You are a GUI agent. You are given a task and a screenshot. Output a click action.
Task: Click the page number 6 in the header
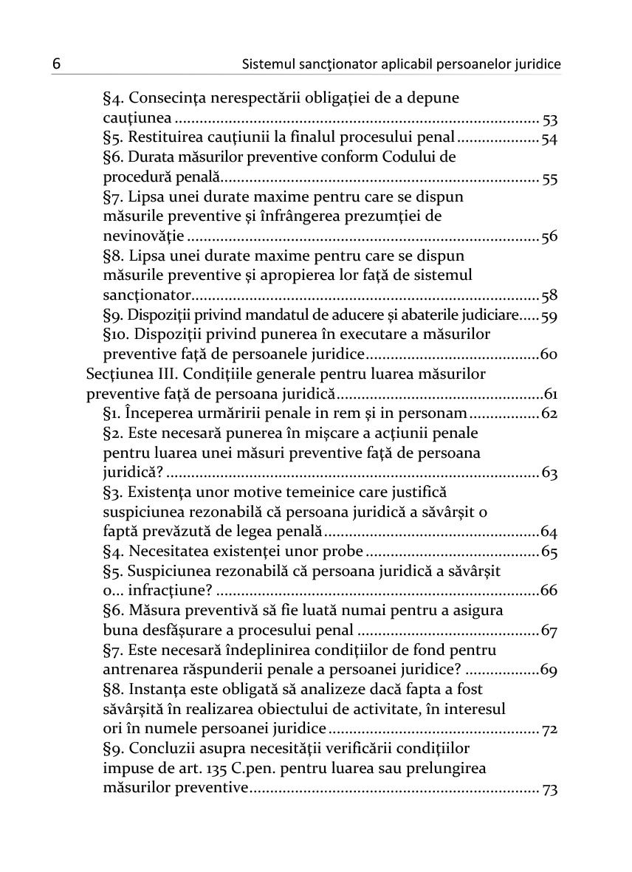click(56, 64)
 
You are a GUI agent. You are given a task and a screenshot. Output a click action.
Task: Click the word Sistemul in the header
click(267, 65)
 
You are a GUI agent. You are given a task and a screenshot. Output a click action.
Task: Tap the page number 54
click(549, 138)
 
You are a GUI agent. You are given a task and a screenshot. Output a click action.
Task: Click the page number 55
click(549, 178)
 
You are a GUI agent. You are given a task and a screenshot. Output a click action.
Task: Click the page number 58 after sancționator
click(549, 296)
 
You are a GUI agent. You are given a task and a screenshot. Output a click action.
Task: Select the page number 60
click(549, 355)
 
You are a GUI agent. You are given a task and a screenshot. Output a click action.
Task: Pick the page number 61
click(550, 394)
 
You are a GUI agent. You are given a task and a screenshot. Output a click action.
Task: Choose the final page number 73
click(549, 789)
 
